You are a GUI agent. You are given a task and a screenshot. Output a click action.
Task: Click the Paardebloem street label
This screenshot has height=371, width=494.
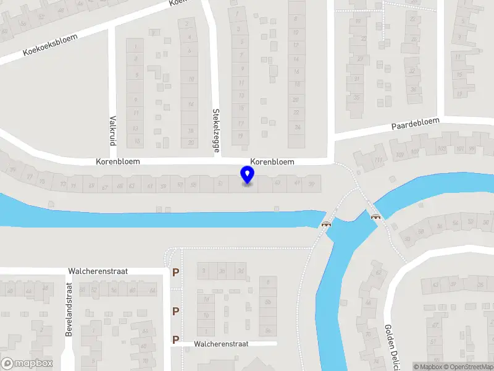click(x=415, y=124)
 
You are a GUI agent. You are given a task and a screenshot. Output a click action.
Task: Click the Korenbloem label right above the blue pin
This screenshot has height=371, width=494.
click(x=272, y=161)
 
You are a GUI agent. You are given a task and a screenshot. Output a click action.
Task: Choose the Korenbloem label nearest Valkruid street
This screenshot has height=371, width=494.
click(x=118, y=161)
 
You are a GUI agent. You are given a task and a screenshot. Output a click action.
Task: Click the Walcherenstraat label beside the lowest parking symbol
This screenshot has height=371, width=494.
click(x=220, y=344)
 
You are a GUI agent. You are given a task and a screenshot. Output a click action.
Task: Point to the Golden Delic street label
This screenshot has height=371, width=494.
click(x=389, y=346)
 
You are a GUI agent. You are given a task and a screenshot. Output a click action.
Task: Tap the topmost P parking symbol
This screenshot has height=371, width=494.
click(x=176, y=272)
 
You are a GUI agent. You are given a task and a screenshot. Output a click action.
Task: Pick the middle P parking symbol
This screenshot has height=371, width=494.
click(x=176, y=311)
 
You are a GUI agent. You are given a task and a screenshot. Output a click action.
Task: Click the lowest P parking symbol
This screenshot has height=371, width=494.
click(x=176, y=339)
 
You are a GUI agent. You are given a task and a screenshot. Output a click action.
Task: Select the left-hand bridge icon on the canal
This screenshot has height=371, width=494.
click(x=325, y=224)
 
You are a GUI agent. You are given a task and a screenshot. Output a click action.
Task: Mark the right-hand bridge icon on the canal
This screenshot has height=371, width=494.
click(x=375, y=216)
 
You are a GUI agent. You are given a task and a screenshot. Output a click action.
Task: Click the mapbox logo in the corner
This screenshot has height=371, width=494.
click(x=27, y=364)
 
